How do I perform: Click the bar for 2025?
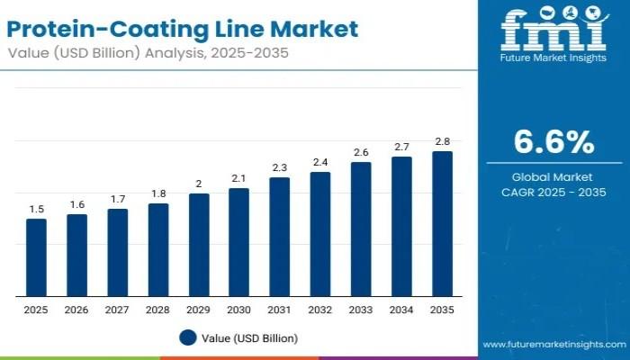click(x=36, y=257)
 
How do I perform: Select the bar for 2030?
click(x=238, y=242)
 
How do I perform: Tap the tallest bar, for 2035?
click(x=442, y=224)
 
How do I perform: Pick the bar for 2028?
click(x=157, y=249)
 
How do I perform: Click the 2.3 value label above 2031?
click(x=279, y=167)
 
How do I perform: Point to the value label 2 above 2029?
click(x=198, y=184)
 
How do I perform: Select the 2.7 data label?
click(x=401, y=147)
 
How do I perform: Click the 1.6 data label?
click(x=76, y=204)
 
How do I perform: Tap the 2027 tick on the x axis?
click(x=117, y=310)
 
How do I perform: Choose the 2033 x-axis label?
click(x=361, y=310)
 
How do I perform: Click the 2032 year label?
click(x=320, y=310)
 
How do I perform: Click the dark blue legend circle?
click(x=187, y=337)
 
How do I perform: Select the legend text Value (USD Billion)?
click(x=249, y=338)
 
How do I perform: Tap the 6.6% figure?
click(x=553, y=142)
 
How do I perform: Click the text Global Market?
click(x=553, y=177)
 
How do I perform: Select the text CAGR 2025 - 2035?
click(x=553, y=192)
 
